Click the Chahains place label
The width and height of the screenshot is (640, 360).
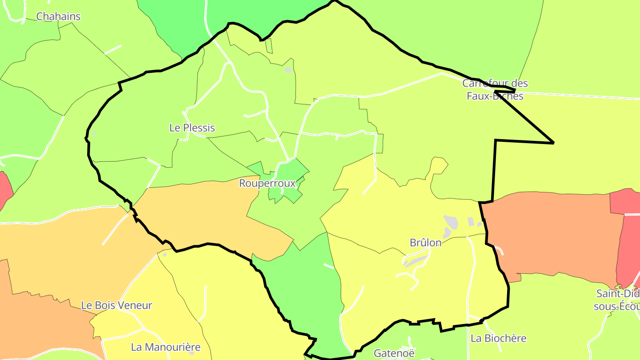(x=58, y=16)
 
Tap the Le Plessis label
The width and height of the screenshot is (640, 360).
(x=192, y=128)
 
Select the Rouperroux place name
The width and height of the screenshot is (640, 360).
(x=267, y=183)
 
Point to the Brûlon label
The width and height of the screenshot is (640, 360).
(x=425, y=243)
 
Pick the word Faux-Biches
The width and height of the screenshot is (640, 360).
(x=495, y=96)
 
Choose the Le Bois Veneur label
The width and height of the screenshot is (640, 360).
(x=116, y=305)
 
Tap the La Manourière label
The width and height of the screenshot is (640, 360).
(x=165, y=347)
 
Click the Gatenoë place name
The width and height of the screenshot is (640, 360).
(x=394, y=353)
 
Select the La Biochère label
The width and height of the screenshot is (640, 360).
(x=498, y=338)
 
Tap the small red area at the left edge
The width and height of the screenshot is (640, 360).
(x=4, y=189)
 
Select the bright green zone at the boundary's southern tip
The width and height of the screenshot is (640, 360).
(x=311, y=289)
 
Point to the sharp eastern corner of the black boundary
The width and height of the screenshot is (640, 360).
(x=553, y=143)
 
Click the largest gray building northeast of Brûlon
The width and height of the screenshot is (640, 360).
(x=451, y=221)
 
